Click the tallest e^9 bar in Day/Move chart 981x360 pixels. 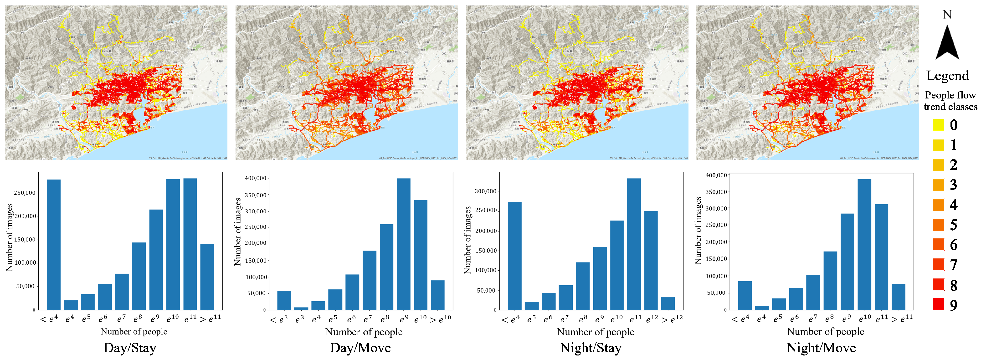pos(403,244)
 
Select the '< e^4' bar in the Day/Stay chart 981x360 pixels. pos(53,244)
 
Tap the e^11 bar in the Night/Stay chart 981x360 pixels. pos(634,244)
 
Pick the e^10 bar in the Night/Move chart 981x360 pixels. pos(864,244)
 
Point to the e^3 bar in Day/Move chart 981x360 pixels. pos(301,308)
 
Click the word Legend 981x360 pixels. pos(947,75)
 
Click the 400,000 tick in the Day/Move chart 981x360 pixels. pos(256,178)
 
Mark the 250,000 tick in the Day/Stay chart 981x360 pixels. pos(25,193)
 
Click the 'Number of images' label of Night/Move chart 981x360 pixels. pos(698,231)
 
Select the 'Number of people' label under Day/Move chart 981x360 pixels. pos(364,332)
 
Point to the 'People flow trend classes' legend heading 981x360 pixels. pos(950,101)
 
